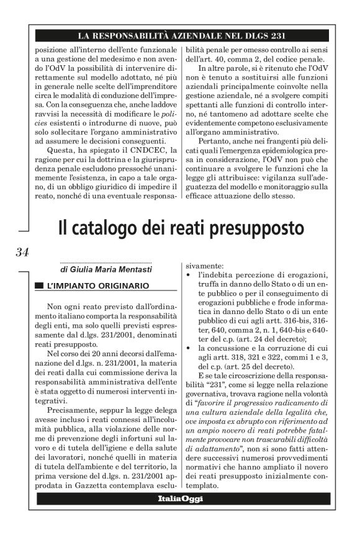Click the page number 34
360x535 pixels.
click(22, 251)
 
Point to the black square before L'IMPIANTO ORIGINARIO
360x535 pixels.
click(40, 286)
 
